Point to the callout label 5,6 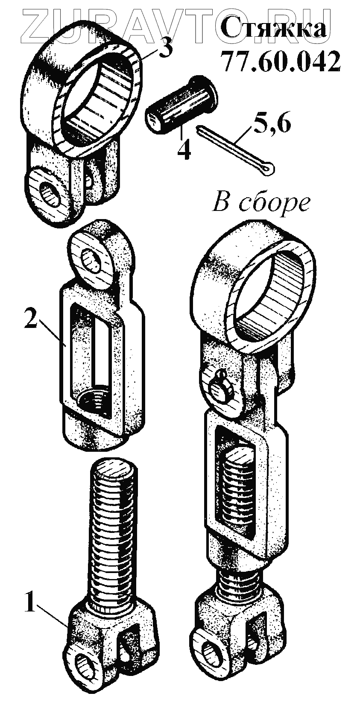[273, 124]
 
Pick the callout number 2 [30, 319]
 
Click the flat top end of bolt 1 [113, 472]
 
